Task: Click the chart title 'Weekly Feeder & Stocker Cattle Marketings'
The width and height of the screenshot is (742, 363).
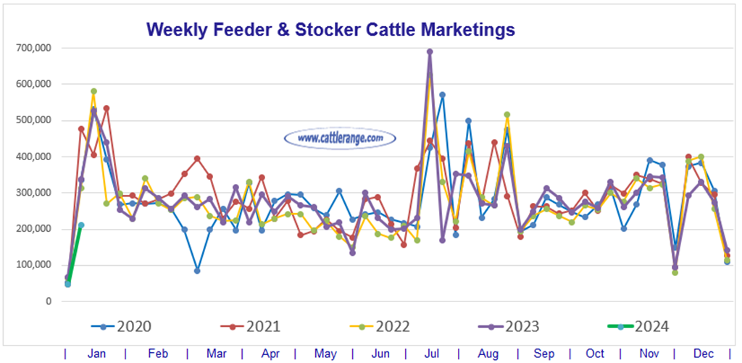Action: [x=330, y=29]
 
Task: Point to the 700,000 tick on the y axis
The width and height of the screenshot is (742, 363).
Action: [x=34, y=48]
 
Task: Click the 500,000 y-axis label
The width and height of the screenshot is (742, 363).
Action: [x=34, y=120]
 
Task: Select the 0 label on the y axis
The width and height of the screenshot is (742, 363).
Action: [x=47, y=301]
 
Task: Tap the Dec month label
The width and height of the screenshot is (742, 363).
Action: [x=703, y=354]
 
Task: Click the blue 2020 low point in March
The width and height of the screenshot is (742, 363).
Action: [x=197, y=270]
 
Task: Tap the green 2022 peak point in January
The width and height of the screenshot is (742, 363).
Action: [x=93, y=91]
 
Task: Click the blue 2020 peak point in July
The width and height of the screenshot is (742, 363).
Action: [x=442, y=95]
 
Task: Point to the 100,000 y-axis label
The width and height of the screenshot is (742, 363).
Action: [x=34, y=264]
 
